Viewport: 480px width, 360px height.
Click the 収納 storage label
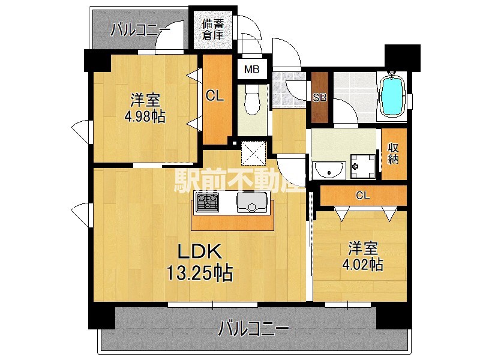tap(394, 154)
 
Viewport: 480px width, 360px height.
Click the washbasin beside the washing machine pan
tap(328, 171)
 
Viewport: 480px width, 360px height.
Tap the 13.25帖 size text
tap(199, 274)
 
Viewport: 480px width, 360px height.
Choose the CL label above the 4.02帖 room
tap(362, 195)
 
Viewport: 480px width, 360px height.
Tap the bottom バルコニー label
tap(253, 329)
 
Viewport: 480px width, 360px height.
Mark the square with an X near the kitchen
tap(252, 152)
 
